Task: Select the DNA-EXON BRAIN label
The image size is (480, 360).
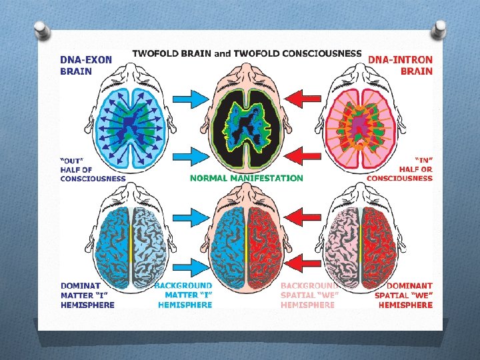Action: pos(86,65)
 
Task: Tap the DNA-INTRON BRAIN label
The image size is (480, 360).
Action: pos(401,65)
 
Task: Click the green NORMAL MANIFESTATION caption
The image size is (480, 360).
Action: pos(246,178)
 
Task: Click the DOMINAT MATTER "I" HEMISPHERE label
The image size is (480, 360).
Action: pos(87,295)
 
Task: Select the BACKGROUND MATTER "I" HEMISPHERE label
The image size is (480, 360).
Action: pos(184,295)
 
